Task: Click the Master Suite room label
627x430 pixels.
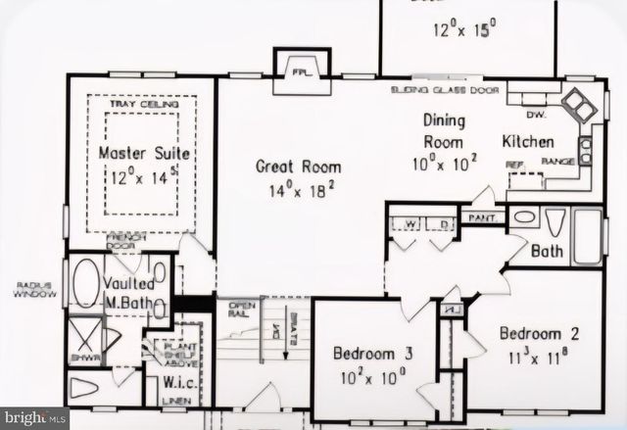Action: [144, 155]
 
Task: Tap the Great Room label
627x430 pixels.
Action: [296, 167]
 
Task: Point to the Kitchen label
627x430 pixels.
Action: [528, 142]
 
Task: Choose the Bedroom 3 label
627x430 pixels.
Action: [365, 353]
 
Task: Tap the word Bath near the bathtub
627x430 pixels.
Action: [546, 252]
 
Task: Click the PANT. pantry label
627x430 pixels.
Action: [480, 217]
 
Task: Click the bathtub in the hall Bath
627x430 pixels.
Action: [587, 235]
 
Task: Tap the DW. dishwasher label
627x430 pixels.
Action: [514, 99]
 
